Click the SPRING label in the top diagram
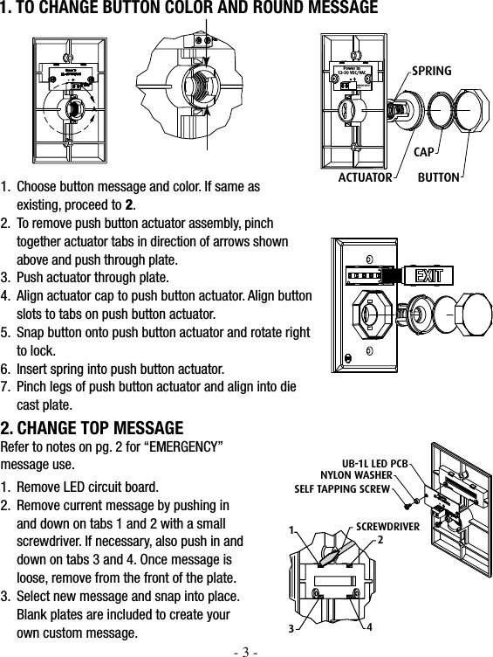431,69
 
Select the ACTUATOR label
366,177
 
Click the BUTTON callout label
438,177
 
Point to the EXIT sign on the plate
427,277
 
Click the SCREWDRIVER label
388,526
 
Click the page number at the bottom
247,650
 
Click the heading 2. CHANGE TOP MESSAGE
92,428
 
